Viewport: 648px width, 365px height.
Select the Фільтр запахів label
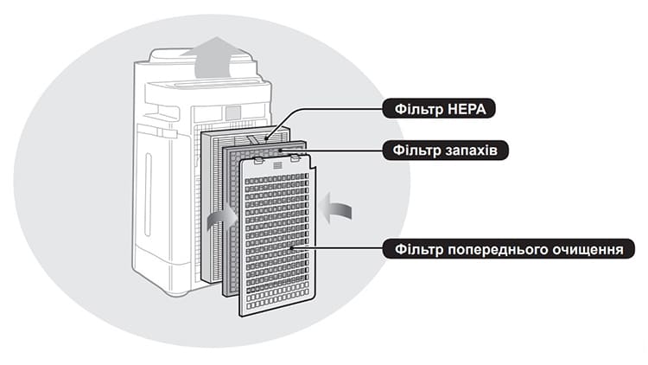tap(445, 150)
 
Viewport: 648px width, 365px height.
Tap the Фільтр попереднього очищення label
tap(508, 249)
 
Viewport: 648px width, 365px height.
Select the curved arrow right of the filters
tap(337, 207)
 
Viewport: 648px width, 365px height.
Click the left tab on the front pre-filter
tap(258, 161)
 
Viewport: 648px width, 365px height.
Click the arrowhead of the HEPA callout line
tap(266, 136)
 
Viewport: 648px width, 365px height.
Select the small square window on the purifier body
tap(233, 112)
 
